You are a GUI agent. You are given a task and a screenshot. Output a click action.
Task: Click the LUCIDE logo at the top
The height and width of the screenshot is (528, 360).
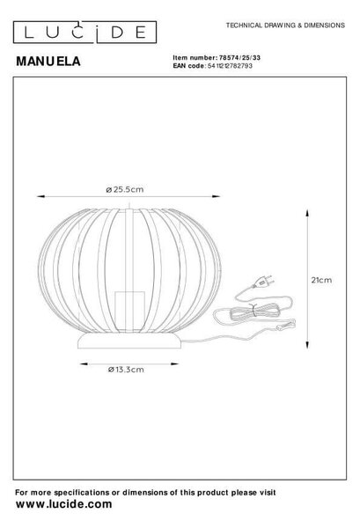84,33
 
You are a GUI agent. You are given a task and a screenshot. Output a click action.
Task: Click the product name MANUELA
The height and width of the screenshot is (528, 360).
48,62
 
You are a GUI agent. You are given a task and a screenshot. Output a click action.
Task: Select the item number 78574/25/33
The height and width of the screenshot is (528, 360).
239,58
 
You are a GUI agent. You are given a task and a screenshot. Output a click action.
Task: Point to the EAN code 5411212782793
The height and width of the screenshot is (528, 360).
230,66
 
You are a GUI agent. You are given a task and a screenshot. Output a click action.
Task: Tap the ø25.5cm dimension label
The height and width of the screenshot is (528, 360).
125,189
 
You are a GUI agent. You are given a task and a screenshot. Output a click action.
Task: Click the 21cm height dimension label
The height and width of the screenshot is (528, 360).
321,280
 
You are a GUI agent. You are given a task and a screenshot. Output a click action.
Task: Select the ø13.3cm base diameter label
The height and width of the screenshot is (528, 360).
126,370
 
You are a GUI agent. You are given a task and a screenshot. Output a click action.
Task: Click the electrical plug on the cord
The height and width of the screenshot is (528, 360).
263,282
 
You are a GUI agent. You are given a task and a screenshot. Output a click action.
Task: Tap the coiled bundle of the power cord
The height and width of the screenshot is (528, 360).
253,312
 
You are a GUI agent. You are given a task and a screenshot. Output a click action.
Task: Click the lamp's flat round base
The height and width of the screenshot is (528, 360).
129,341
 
